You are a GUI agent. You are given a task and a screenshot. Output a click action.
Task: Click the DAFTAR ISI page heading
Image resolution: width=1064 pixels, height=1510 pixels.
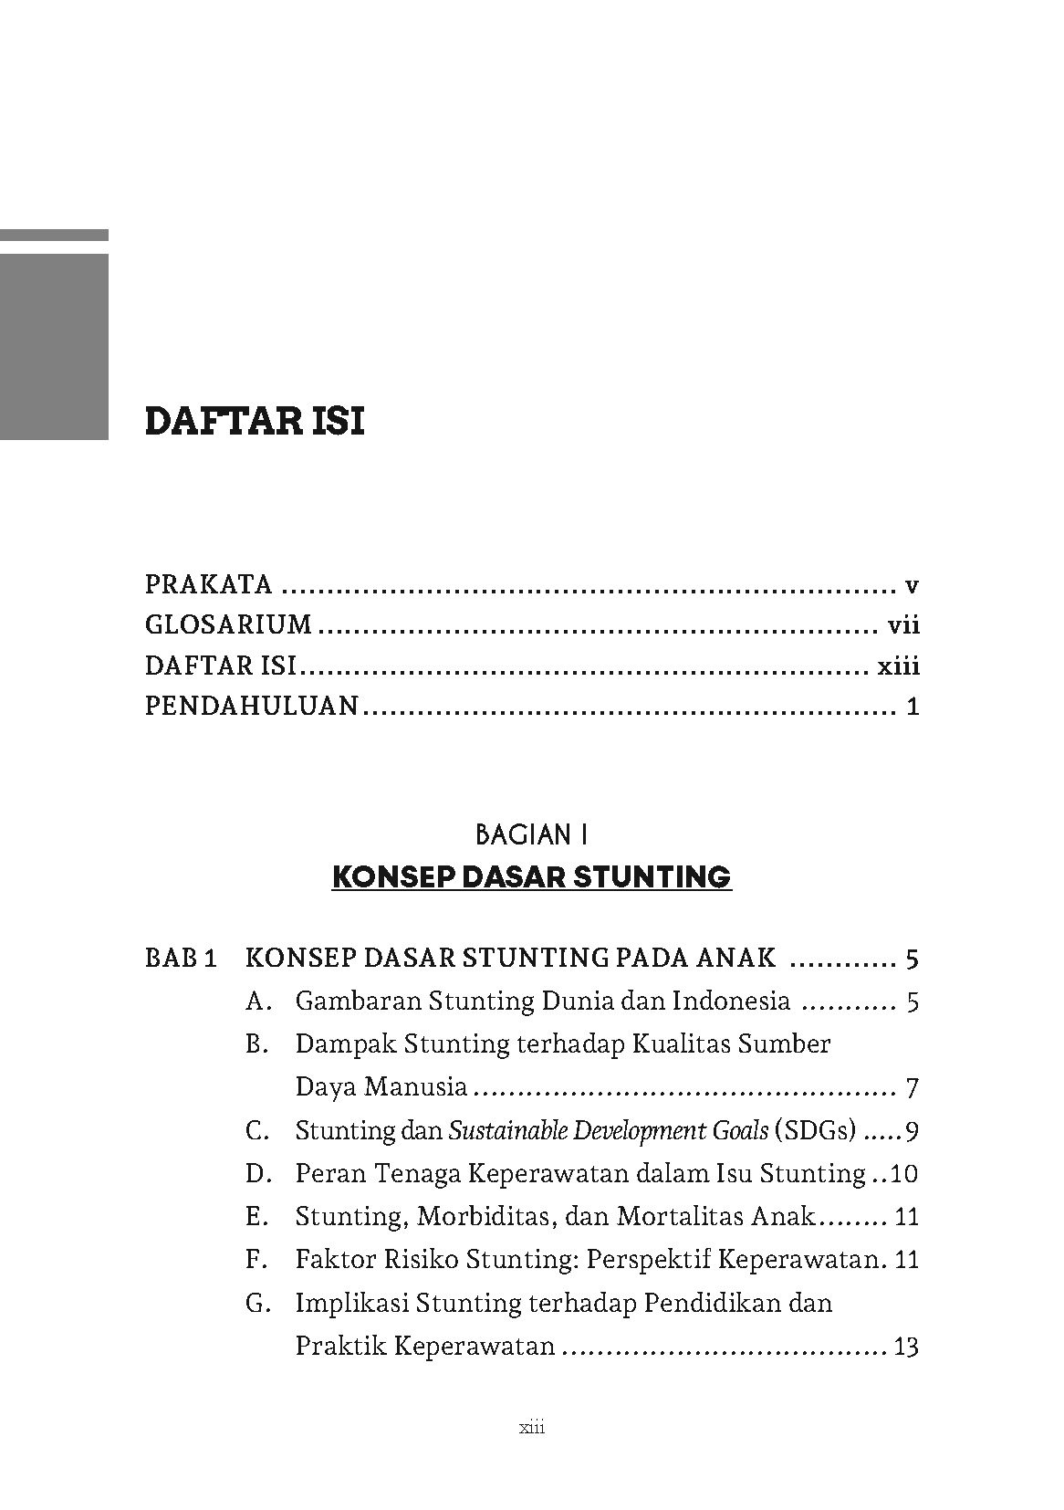coord(255,422)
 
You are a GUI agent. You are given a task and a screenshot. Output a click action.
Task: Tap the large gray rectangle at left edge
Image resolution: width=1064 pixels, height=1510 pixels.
coord(54,346)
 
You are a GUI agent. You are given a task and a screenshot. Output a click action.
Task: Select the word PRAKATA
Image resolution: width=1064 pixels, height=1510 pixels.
coord(209,584)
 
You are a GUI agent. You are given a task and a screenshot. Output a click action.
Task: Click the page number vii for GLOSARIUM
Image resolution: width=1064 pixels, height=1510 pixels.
coord(902,625)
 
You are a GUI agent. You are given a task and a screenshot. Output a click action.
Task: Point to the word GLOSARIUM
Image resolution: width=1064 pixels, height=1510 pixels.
coord(228,625)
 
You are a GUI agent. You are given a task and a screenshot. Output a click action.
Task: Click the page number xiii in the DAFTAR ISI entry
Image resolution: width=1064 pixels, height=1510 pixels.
coord(898,666)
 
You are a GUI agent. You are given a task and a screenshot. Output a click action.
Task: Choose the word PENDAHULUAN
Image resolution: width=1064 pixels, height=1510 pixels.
coord(252,707)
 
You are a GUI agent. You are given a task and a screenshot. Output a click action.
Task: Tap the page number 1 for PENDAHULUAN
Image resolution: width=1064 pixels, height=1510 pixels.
coord(913,708)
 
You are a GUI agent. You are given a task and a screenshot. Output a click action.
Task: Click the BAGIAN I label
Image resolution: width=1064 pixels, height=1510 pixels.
coord(531,834)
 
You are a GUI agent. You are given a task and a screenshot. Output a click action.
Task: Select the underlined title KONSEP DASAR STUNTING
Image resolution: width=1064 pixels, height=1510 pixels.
coord(531,877)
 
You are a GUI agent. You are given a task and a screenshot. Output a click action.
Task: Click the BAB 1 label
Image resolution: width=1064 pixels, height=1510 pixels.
coord(181,959)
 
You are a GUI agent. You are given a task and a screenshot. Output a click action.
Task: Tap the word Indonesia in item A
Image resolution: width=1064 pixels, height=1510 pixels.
coord(731,1001)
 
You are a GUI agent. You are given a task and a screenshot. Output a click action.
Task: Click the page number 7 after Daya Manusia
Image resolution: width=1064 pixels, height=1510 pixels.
coord(912,1088)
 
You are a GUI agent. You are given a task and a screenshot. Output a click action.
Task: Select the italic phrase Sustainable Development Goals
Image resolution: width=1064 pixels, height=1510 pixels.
coord(609,1131)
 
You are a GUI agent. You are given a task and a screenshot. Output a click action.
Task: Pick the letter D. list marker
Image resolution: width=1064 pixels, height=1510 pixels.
coord(257,1174)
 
